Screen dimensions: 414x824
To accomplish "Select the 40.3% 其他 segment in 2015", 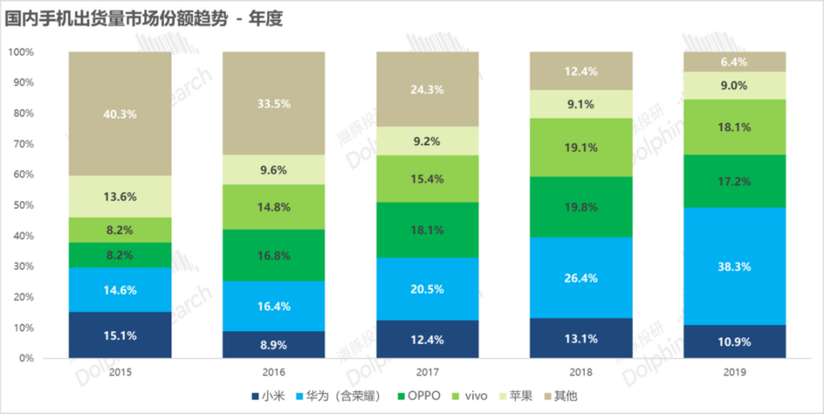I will click(x=120, y=114).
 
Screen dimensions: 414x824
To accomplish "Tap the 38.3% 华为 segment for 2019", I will click(x=735, y=266).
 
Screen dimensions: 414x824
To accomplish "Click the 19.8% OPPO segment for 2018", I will click(x=581, y=206).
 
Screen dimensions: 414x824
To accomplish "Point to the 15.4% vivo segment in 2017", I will click(x=428, y=178).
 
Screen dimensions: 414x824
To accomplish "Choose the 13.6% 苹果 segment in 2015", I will click(x=120, y=196).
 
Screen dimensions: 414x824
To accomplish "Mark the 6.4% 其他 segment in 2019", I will click(x=735, y=62).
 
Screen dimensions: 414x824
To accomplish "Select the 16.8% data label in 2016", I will click(x=274, y=255).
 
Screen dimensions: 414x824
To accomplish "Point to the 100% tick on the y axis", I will click(x=22, y=52).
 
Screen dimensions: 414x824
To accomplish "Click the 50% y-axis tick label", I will click(x=25, y=205).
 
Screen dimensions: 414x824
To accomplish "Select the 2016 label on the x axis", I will click(x=274, y=372).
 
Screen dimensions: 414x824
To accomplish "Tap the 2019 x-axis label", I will click(x=735, y=372).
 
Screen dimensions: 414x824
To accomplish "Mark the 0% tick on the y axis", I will click(x=27, y=358).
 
